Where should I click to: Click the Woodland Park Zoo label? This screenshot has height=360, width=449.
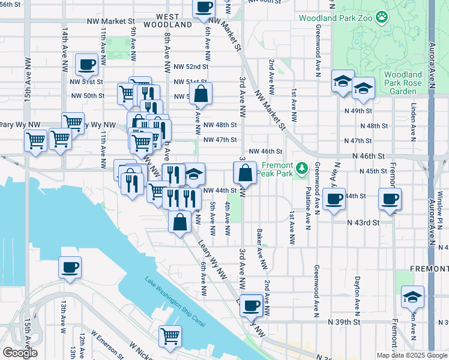click(337, 18)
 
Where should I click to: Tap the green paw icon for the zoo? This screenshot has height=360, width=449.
click(381, 17)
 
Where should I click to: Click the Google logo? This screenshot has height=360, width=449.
click(19, 353)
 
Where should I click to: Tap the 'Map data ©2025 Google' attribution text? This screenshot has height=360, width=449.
click(412, 355)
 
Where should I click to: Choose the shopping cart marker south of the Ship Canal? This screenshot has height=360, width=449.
click(170, 336)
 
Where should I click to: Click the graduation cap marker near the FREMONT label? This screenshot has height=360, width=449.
click(412, 297)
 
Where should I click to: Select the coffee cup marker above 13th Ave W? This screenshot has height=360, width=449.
click(70, 267)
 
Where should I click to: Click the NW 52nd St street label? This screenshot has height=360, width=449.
click(190, 67)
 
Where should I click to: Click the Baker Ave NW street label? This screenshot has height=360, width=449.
click(261, 248)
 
